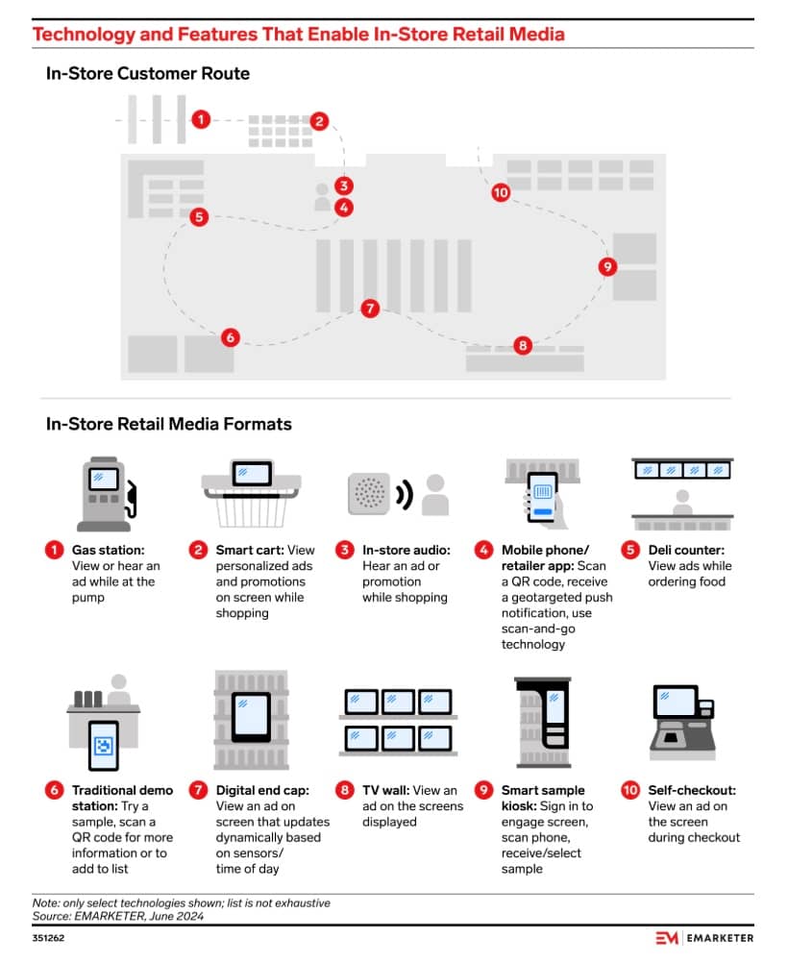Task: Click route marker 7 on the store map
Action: coord(370,309)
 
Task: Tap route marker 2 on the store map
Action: coord(320,121)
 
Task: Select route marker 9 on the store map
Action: coord(606,266)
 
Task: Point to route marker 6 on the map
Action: coord(230,337)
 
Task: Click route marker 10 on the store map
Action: coord(500,192)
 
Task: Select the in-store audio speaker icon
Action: coord(369,493)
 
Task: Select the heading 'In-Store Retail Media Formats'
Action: coord(168,424)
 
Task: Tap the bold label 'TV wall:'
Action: coord(387,791)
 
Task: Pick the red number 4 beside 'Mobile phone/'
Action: coord(483,551)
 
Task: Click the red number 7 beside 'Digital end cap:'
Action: coord(198,791)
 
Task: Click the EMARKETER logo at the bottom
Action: coord(703,938)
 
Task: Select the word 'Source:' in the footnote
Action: coord(54,916)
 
